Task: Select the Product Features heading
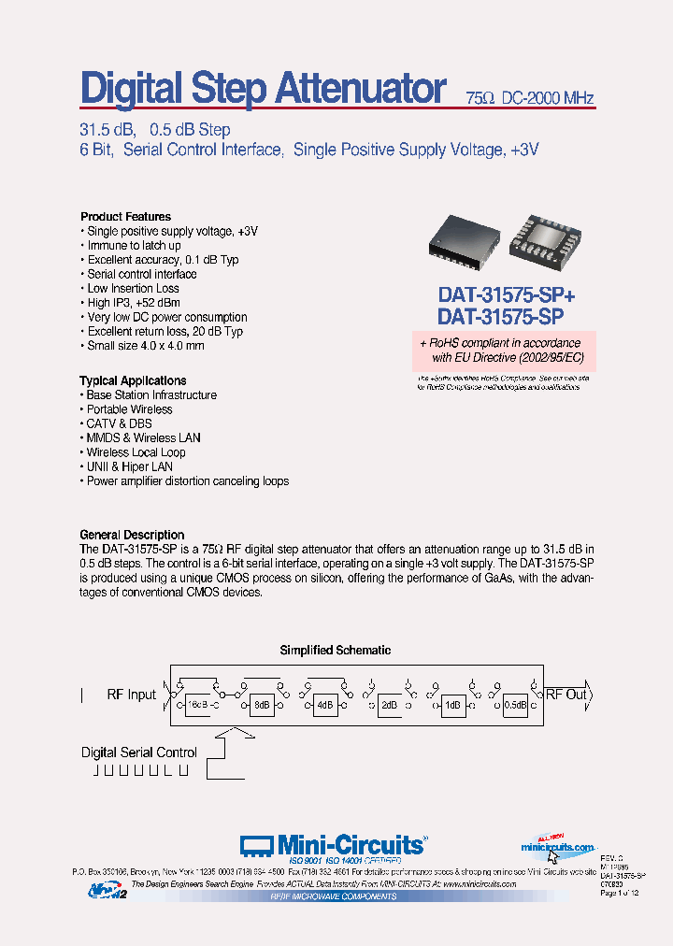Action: pos(125,217)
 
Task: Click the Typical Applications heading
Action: pos(133,380)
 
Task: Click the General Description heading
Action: pos(132,535)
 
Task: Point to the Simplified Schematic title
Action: pos(336,651)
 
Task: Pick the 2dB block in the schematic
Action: pos(389,705)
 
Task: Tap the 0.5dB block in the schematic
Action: pos(514,705)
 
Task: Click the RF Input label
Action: pos(132,695)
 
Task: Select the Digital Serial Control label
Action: pos(138,752)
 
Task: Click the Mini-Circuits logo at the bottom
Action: pos(333,846)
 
